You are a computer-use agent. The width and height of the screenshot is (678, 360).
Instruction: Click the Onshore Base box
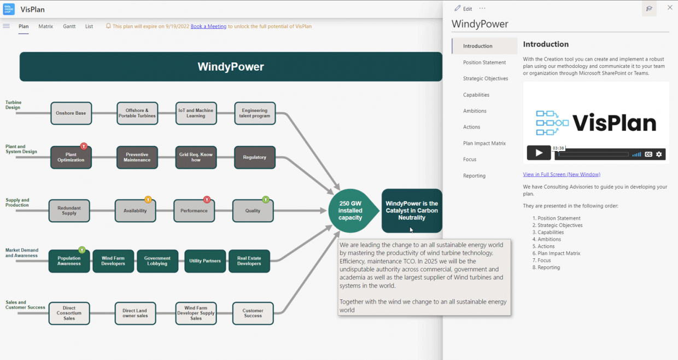point(71,113)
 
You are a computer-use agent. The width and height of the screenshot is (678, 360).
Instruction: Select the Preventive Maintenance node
point(137,158)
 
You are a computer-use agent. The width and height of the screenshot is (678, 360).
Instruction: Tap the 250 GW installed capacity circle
point(350,211)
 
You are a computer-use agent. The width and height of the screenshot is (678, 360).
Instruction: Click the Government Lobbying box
point(157,261)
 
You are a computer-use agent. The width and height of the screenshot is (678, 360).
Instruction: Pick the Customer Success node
point(253,313)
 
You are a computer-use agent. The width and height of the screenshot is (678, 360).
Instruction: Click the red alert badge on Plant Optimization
point(84,146)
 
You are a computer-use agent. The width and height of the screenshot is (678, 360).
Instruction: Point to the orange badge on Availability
point(148,200)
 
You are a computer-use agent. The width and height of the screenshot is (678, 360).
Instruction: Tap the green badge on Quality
point(266,200)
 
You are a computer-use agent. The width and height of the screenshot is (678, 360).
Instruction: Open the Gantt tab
point(69,26)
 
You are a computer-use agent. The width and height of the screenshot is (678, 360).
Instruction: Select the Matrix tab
point(46,26)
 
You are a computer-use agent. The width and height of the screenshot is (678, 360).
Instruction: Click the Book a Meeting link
point(208,26)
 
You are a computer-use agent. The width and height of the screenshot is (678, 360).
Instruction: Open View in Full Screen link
point(562,175)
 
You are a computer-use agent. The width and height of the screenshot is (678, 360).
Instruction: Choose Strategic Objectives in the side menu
point(486,78)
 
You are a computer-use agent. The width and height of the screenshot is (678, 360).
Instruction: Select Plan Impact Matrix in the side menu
point(484,143)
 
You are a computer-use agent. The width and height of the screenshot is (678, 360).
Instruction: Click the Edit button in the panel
point(463,9)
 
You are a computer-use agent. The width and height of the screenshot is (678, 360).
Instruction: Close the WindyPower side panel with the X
point(670,8)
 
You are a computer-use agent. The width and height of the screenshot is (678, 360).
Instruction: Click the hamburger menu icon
point(7,26)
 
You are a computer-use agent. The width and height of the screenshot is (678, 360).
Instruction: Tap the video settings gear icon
point(659,154)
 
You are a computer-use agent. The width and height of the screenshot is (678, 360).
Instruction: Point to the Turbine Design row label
point(13,104)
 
